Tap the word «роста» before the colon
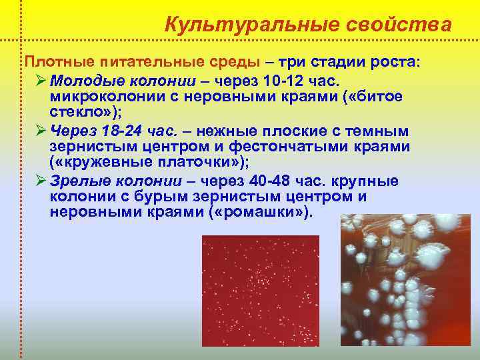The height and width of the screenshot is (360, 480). click(392, 62)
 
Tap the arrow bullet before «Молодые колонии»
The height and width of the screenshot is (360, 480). click(41, 81)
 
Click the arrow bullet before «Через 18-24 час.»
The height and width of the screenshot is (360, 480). click(41, 131)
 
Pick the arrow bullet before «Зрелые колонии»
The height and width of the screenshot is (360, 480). click(41, 181)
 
